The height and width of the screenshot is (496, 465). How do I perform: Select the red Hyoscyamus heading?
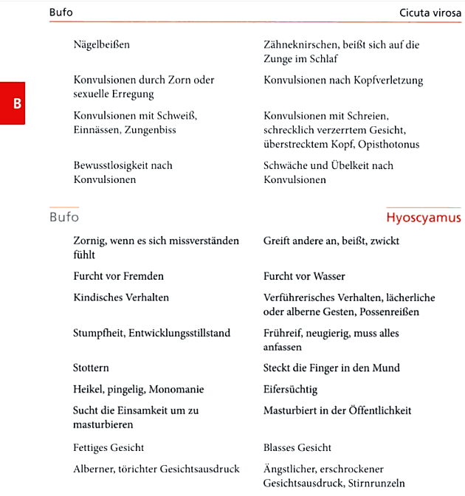(x=423, y=218)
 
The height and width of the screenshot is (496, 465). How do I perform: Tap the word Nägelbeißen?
(x=102, y=45)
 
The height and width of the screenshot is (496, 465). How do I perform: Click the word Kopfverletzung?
(x=390, y=80)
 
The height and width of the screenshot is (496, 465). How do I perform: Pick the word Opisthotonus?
(x=388, y=145)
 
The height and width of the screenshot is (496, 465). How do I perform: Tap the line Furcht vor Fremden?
(x=118, y=276)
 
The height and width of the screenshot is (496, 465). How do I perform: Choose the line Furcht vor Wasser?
(x=304, y=277)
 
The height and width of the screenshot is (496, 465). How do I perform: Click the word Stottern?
(x=92, y=368)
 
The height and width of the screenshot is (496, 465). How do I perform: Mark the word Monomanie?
(x=178, y=389)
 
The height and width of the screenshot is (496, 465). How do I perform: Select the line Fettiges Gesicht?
(x=108, y=447)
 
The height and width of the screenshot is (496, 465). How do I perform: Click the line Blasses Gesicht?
(x=297, y=447)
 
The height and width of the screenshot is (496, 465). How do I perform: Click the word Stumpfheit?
(x=99, y=333)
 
